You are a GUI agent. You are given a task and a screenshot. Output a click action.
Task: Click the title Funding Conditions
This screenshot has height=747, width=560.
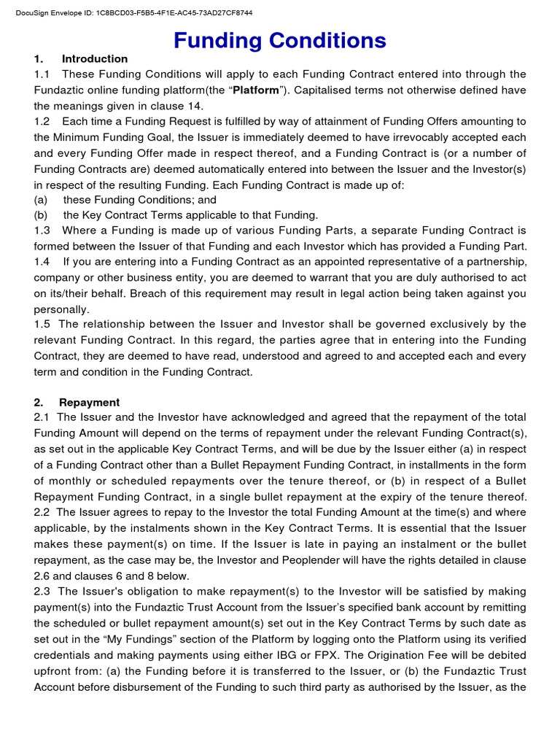[x=280, y=41]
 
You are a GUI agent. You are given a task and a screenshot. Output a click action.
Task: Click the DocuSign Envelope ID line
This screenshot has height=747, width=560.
[x=134, y=13]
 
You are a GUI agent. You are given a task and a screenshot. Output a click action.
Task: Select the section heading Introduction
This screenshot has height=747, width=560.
[x=95, y=59]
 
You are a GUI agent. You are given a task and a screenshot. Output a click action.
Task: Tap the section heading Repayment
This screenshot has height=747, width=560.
[x=89, y=403]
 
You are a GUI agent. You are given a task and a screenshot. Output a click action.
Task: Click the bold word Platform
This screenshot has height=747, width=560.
[x=255, y=90]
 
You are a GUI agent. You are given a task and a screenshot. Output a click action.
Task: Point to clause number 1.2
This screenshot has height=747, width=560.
[x=42, y=121]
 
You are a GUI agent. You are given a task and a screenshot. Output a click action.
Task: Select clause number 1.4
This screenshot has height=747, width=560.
[x=42, y=262]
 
